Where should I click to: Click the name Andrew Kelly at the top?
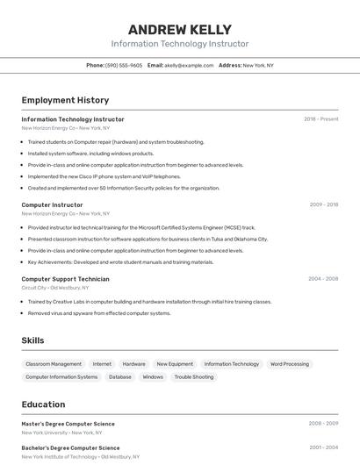pyautogui.click(x=179, y=29)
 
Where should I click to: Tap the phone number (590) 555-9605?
pyautogui.click(x=124, y=65)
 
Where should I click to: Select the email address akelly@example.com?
pyautogui.click(x=189, y=65)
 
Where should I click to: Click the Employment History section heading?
pyautogui.click(x=65, y=101)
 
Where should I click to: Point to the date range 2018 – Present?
pyautogui.click(x=320, y=119)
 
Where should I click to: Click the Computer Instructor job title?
pyautogui.click(x=52, y=204)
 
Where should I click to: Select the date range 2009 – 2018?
pyautogui.click(x=323, y=204)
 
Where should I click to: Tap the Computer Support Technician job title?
pyautogui.click(x=65, y=279)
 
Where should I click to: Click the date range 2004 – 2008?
pyautogui.click(x=323, y=279)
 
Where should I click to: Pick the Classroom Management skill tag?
pyautogui.click(x=54, y=364)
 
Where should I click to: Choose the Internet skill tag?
pyautogui.click(x=102, y=364)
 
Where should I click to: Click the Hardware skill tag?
pyautogui.click(x=134, y=364)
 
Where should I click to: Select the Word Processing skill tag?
pyautogui.click(x=290, y=364)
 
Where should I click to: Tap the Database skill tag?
pyautogui.click(x=120, y=377)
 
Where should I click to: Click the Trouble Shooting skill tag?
pyautogui.click(x=194, y=377)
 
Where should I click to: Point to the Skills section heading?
pyautogui.click(x=32, y=340)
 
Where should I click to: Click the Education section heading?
pyautogui.click(x=43, y=404)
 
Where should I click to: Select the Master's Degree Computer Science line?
pyautogui.click(x=68, y=424)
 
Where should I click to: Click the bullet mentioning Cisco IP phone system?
pyautogui.click(x=104, y=176)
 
